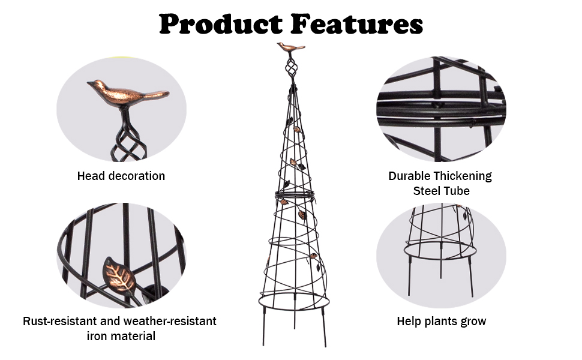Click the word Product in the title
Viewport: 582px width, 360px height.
pyautogui.click(x=221, y=24)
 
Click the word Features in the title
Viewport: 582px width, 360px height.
pyautogui.click(x=356, y=24)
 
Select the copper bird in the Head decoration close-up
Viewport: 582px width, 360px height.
pyautogui.click(x=128, y=94)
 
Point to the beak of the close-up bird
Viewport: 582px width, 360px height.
pyautogui.click(x=89, y=83)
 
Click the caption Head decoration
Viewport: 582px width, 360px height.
pyautogui.click(x=121, y=176)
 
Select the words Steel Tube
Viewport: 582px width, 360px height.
pyautogui.click(x=442, y=191)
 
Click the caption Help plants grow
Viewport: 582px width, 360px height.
pyautogui.click(x=442, y=321)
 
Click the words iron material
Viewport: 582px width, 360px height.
pyautogui.click(x=121, y=336)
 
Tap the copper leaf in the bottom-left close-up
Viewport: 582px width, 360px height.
pyautogui.click(x=119, y=275)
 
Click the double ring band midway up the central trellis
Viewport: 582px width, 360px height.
pyautogui.click(x=295, y=194)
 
